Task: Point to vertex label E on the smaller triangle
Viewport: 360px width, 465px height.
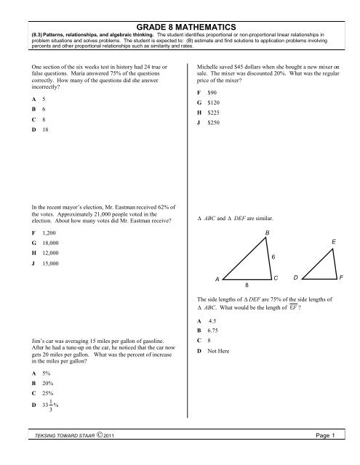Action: click(332, 241)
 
